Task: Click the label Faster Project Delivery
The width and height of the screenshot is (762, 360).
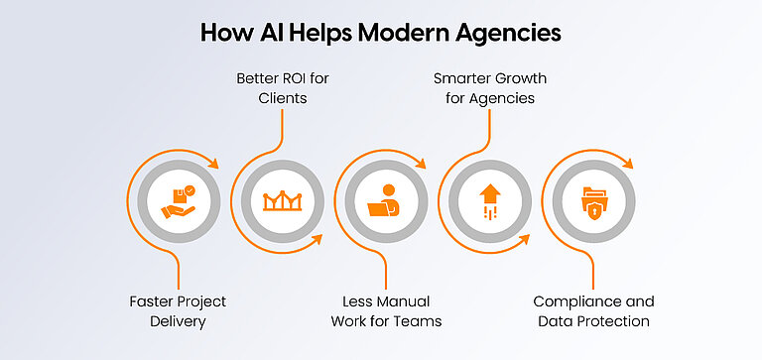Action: [180, 310]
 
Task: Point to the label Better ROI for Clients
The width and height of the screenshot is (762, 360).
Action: [283, 87]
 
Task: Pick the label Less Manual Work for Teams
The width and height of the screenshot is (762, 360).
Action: [386, 310]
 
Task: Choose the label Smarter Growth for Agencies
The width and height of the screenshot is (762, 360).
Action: [488, 87]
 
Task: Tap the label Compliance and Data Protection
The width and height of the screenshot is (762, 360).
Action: [593, 310]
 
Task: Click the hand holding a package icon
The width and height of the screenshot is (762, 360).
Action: [180, 201]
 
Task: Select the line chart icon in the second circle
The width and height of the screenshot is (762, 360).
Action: [283, 201]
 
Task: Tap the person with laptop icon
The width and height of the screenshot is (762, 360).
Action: [386, 201]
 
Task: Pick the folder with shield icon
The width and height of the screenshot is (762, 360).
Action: [593, 201]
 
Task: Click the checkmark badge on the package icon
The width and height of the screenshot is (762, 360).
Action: [190, 189]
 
